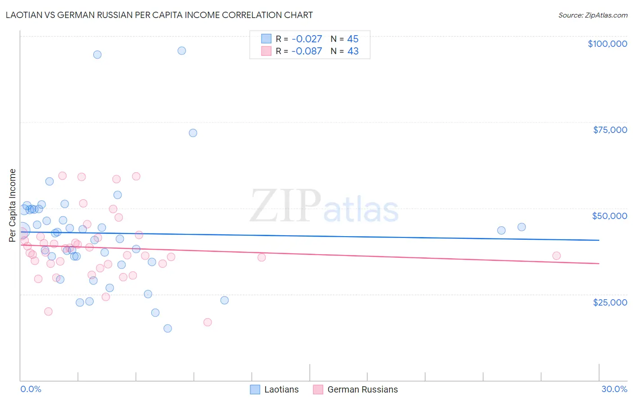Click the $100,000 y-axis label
[607, 44]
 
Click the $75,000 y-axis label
[610, 130]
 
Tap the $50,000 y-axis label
[609, 216]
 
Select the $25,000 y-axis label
[610, 302]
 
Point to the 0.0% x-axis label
[31, 389]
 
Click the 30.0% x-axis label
[614, 389]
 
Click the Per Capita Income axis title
[13, 205]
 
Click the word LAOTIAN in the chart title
[25, 15]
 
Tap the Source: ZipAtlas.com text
[592, 15]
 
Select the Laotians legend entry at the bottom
[274, 389]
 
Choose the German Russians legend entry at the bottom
[356, 389]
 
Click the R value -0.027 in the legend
[307, 39]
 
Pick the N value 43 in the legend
[353, 51]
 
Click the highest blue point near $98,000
[181, 50]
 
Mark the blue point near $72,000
[193, 133]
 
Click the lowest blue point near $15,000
[167, 329]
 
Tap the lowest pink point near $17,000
[208, 322]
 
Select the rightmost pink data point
[556, 256]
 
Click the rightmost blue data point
[521, 227]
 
